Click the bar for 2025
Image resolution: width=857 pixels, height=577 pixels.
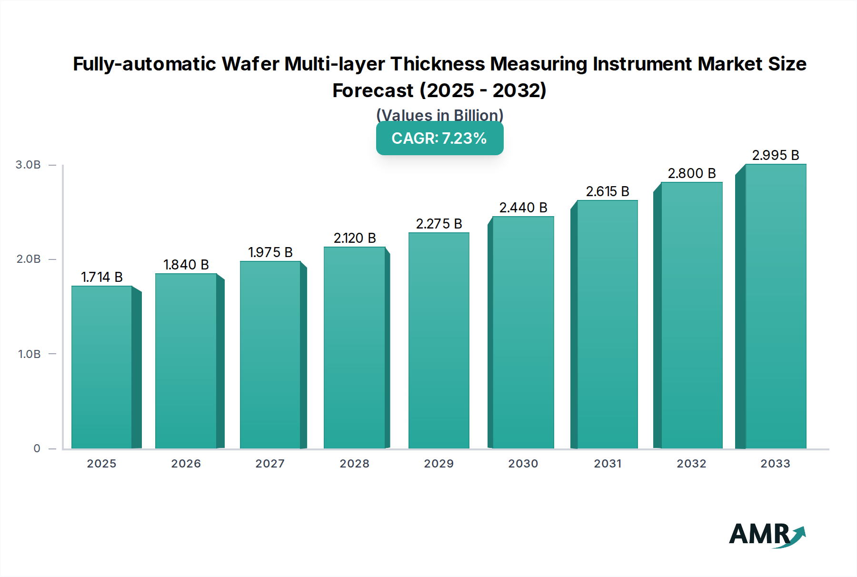click(x=102, y=367)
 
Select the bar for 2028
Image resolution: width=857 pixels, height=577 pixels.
click(x=354, y=348)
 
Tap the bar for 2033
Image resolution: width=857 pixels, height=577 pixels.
click(x=776, y=307)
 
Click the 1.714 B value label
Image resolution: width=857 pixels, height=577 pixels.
click(x=102, y=277)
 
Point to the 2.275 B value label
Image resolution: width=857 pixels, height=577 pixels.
click(x=439, y=224)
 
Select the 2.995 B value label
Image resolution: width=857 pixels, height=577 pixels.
click(x=776, y=155)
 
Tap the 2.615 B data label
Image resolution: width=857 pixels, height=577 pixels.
click(x=608, y=191)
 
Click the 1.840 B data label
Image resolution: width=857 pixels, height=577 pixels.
click(x=186, y=265)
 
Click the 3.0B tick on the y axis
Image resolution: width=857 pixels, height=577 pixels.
click(x=28, y=165)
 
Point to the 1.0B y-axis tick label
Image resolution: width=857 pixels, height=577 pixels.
click(x=29, y=354)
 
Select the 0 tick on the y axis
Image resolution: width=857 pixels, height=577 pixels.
click(x=37, y=448)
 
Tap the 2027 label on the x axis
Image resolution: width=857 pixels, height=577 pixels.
click(x=270, y=464)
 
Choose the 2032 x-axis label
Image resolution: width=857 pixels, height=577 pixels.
click(x=691, y=464)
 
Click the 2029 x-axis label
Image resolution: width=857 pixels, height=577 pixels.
click(x=439, y=464)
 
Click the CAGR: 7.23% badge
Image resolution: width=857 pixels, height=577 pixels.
click(x=439, y=139)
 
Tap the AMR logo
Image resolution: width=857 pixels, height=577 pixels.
click(x=767, y=535)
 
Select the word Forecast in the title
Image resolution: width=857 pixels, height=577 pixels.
click(x=373, y=90)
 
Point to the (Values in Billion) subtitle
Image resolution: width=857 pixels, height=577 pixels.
click(x=439, y=115)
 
